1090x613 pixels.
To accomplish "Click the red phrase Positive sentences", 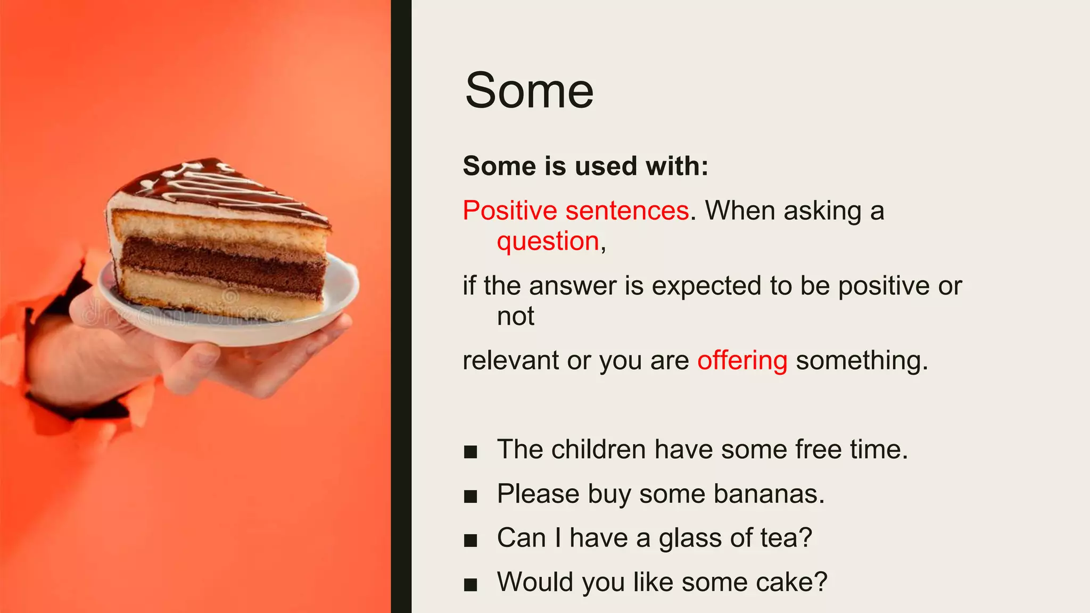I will pos(576,211).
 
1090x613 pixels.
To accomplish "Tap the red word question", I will pos(548,242).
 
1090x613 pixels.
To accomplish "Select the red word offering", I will pos(742,361).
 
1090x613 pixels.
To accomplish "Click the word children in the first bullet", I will pos(598,450).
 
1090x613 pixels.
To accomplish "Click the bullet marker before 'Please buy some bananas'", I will pos(470,497).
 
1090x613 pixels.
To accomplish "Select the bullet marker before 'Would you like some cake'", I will pos(470,585).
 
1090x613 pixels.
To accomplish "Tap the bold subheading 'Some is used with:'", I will pos(585,166).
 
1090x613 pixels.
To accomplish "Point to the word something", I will pos(862,361).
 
